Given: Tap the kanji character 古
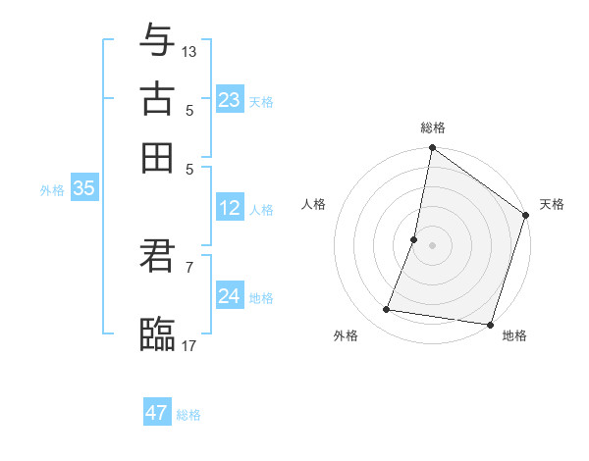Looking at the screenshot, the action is pyautogui.click(x=157, y=99).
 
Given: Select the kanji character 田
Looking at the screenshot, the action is pyautogui.click(x=157, y=157).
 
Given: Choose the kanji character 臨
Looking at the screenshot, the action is pyautogui.click(x=157, y=334).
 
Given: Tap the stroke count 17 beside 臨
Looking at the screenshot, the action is pyautogui.click(x=189, y=344).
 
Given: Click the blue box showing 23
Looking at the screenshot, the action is pyautogui.click(x=230, y=100).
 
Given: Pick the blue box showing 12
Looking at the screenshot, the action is pyautogui.click(x=230, y=209).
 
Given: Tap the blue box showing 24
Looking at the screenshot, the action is pyautogui.click(x=230, y=296).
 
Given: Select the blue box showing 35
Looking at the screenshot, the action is pyautogui.click(x=83, y=189).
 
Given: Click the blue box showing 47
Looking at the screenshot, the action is pyautogui.click(x=157, y=413).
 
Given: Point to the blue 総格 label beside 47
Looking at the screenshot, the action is pyautogui.click(x=188, y=415).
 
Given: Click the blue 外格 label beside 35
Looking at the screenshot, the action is pyautogui.click(x=52, y=190).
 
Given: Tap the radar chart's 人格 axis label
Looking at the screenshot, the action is pyautogui.click(x=314, y=204).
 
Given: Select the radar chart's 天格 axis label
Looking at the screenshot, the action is pyautogui.click(x=552, y=204).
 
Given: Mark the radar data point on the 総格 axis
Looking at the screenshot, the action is pyautogui.click(x=432, y=150).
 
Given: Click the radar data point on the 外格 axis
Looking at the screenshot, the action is pyautogui.click(x=387, y=310).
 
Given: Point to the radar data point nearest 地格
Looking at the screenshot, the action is pyautogui.click(x=490, y=324).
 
